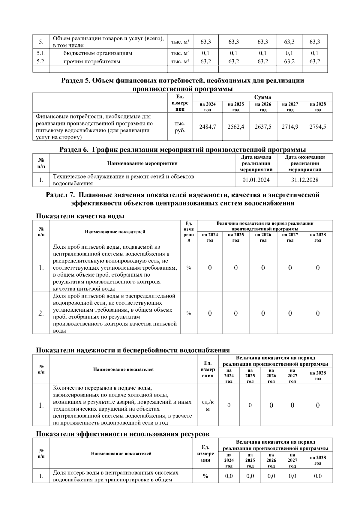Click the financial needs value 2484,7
click(208, 127)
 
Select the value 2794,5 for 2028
click(318, 127)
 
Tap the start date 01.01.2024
click(256, 180)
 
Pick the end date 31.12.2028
click(304, 180)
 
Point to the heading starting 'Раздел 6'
click(182, 149)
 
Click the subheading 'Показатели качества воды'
click(80, 216)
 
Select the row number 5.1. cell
click(41, 53)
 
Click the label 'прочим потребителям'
click(91, 61)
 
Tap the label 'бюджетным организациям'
click(97, 53)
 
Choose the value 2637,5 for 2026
click(263, 127)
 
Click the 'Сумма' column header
click(262, 97)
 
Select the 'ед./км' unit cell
click(208, 406)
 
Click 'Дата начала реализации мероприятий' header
click(256, 163)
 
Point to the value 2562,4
click(235, 127)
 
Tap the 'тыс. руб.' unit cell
click(180, 127)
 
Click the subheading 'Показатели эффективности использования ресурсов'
click(122, 434)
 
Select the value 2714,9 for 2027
click(290, 127)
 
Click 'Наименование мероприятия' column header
click(142, 163)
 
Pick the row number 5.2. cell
click(41, 61)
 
